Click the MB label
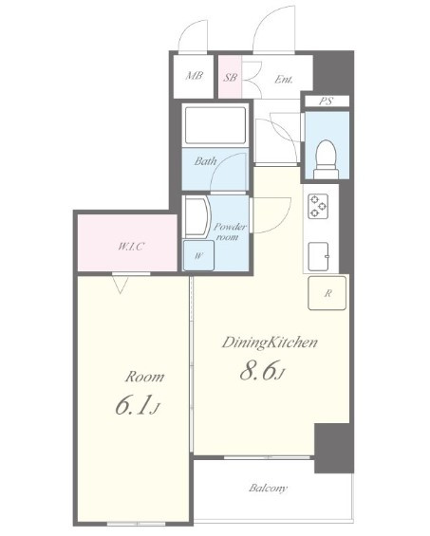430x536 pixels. point(194,76)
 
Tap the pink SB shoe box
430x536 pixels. point(230,77)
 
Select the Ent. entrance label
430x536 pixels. point(284,80)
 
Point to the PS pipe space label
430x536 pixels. point(326,102)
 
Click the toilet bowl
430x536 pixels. point(326,159)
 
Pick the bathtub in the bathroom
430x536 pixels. point(215,125)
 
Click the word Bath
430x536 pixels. point(205,160)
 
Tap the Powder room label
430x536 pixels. point(230,231)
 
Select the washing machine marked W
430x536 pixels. point(198,255)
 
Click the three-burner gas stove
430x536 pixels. point(319,206)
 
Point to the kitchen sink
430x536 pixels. point(319,256)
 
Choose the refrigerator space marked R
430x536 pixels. point(327,293)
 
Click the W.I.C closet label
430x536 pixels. point(131,246)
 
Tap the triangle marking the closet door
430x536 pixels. point(121,286)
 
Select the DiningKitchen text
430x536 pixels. point(270,342)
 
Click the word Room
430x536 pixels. point(144,377)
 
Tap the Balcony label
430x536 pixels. point(269,489)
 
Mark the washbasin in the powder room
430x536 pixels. point(197,216)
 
